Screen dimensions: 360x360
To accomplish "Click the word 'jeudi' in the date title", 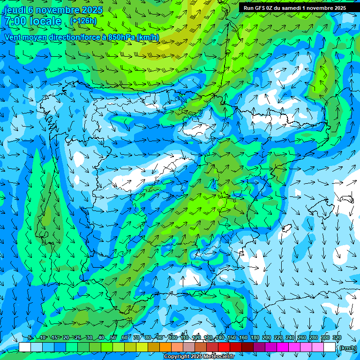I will [x=15, y=10].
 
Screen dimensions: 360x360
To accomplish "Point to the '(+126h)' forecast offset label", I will [x=83, y=21].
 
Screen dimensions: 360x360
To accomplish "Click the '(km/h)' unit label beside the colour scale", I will [x=347, y=347].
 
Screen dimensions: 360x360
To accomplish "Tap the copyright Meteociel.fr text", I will [x=199, y=357].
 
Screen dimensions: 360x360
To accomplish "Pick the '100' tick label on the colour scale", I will [x=172, y=337].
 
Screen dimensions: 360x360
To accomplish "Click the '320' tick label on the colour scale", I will [x=337, y=337].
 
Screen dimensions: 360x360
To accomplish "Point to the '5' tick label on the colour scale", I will [x=30, y=337].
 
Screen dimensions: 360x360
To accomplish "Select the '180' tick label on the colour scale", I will [x=255, y=337].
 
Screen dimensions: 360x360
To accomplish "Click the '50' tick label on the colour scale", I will [x=113, y=337].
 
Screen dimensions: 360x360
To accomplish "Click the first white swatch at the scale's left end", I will [x=25, y=347].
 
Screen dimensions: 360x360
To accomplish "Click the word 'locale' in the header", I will [x=45, y=21].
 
